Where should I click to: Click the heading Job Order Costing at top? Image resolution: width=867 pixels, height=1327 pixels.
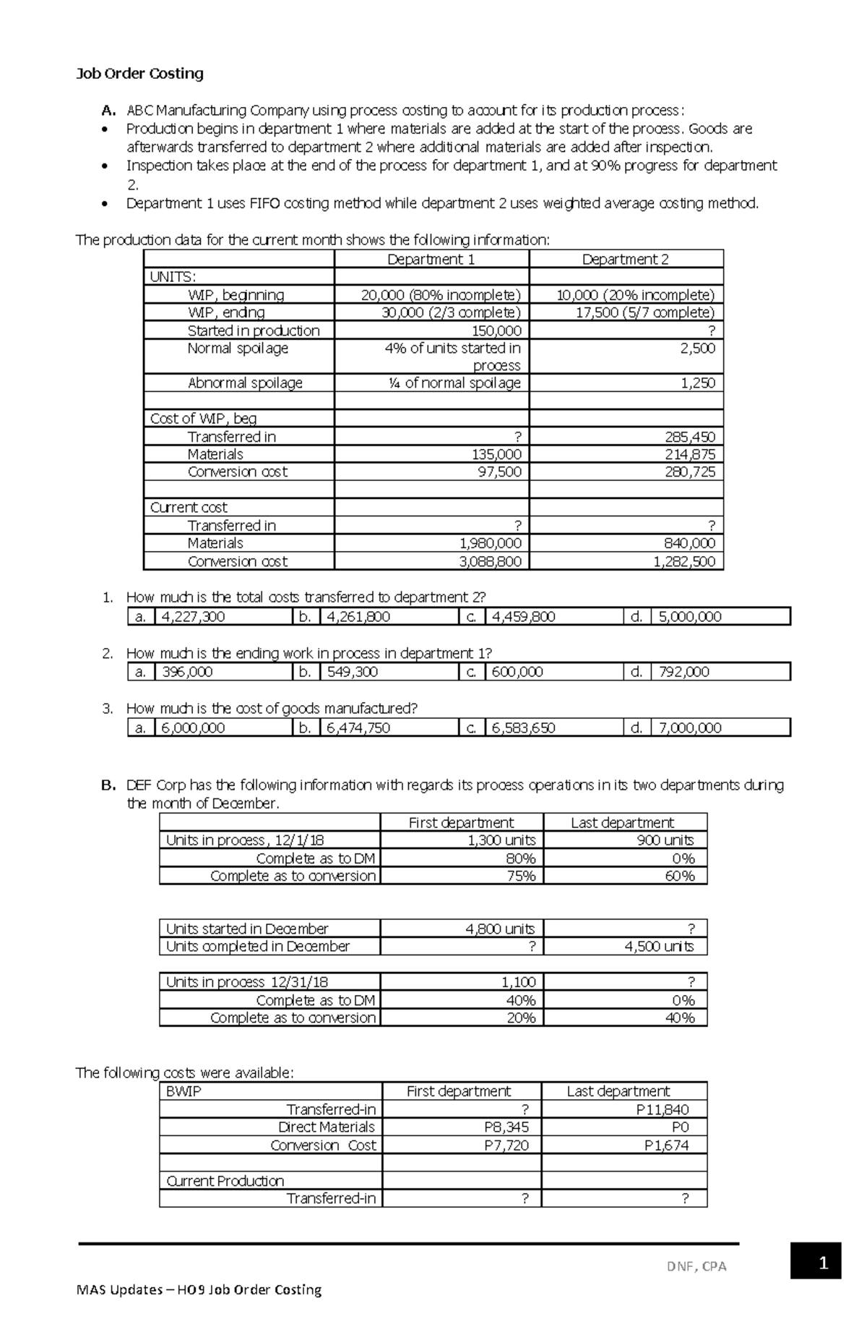tap(140, 73)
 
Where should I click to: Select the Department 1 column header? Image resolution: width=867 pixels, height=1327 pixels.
tap(431, 259)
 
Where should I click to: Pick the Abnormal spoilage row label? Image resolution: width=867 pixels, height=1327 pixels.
tap(245, 383)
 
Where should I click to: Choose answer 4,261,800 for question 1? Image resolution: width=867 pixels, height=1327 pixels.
tap(358, 617)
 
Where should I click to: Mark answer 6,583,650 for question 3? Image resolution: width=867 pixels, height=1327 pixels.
tap(523, 727)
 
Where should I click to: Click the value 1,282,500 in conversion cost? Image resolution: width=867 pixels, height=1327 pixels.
tap(684, 561)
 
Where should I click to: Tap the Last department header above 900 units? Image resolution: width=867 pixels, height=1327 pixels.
tap(622, 822)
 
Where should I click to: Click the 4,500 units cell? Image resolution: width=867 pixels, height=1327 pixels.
tap(659, 946)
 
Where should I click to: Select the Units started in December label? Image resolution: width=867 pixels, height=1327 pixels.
tap(247, 929)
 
